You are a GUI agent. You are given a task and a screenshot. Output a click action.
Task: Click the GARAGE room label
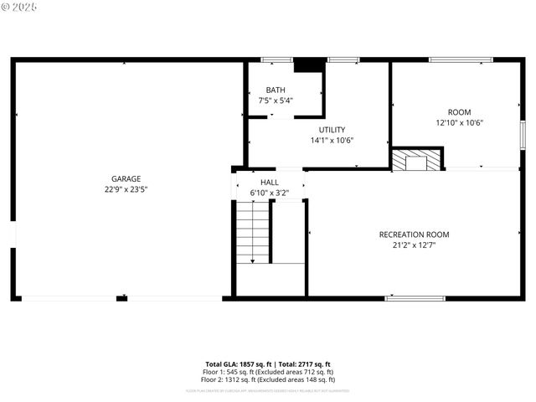pyautogui.click(x=126, y=178)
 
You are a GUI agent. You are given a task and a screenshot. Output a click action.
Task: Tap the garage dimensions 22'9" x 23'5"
pyautogui.click(x=126, y=189)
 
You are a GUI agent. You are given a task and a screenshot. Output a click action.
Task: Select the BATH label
pyautogui.click(x=276, y=90)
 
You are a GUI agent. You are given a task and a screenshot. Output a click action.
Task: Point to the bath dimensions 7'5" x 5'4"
pyautogui.click(x=276, y=100)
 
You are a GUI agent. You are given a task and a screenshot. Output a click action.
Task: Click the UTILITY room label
pyautogui.click(x=332, y=130)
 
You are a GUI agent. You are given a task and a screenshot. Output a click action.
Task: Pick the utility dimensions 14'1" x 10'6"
pyautogui.click(x=332, y=140)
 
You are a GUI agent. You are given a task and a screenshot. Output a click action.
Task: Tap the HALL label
pyautogui.click(x=269, y=183)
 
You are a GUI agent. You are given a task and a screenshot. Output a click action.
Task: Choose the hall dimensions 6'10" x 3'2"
pyautogui.click(x=269, y=193)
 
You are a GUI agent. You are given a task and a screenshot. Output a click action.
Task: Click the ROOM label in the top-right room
pyautogui.click(x=459, y=112)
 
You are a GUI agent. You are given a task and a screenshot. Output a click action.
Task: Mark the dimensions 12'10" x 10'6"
pyautogui.click(x=459, y=122)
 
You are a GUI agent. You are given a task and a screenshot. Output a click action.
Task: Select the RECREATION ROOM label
pyautogui.click(x=414, y=234)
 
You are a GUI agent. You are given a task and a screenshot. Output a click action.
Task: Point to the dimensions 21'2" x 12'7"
pyautogui.click(x=414, y=245)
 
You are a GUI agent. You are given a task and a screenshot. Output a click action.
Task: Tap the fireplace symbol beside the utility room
pyautogui.click(x=417, y=159)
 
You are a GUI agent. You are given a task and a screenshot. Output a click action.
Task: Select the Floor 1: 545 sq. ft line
pyautogui.click(x=268, y=371)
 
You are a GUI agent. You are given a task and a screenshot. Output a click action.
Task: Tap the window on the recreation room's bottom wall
pyautogui.click(x=415, y=297)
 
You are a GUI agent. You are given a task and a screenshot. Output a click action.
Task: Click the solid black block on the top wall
pyautogui.click(x=308, y=64)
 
